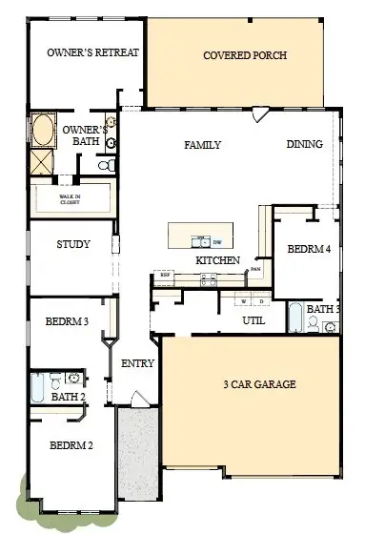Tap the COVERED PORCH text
tap(245, 55)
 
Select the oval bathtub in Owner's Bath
tap(43, 131)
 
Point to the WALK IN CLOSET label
tap(71, 198)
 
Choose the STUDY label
tap(73, 244)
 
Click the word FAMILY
tap(202, 145)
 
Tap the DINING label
tap(304, 145)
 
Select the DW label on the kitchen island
tap(217, 241)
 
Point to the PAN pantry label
tap(255, 269)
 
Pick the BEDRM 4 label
tap(309, 249)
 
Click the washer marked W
tap(243, 301)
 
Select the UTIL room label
tap(253, 320)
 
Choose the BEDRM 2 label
tap(71, 444)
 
